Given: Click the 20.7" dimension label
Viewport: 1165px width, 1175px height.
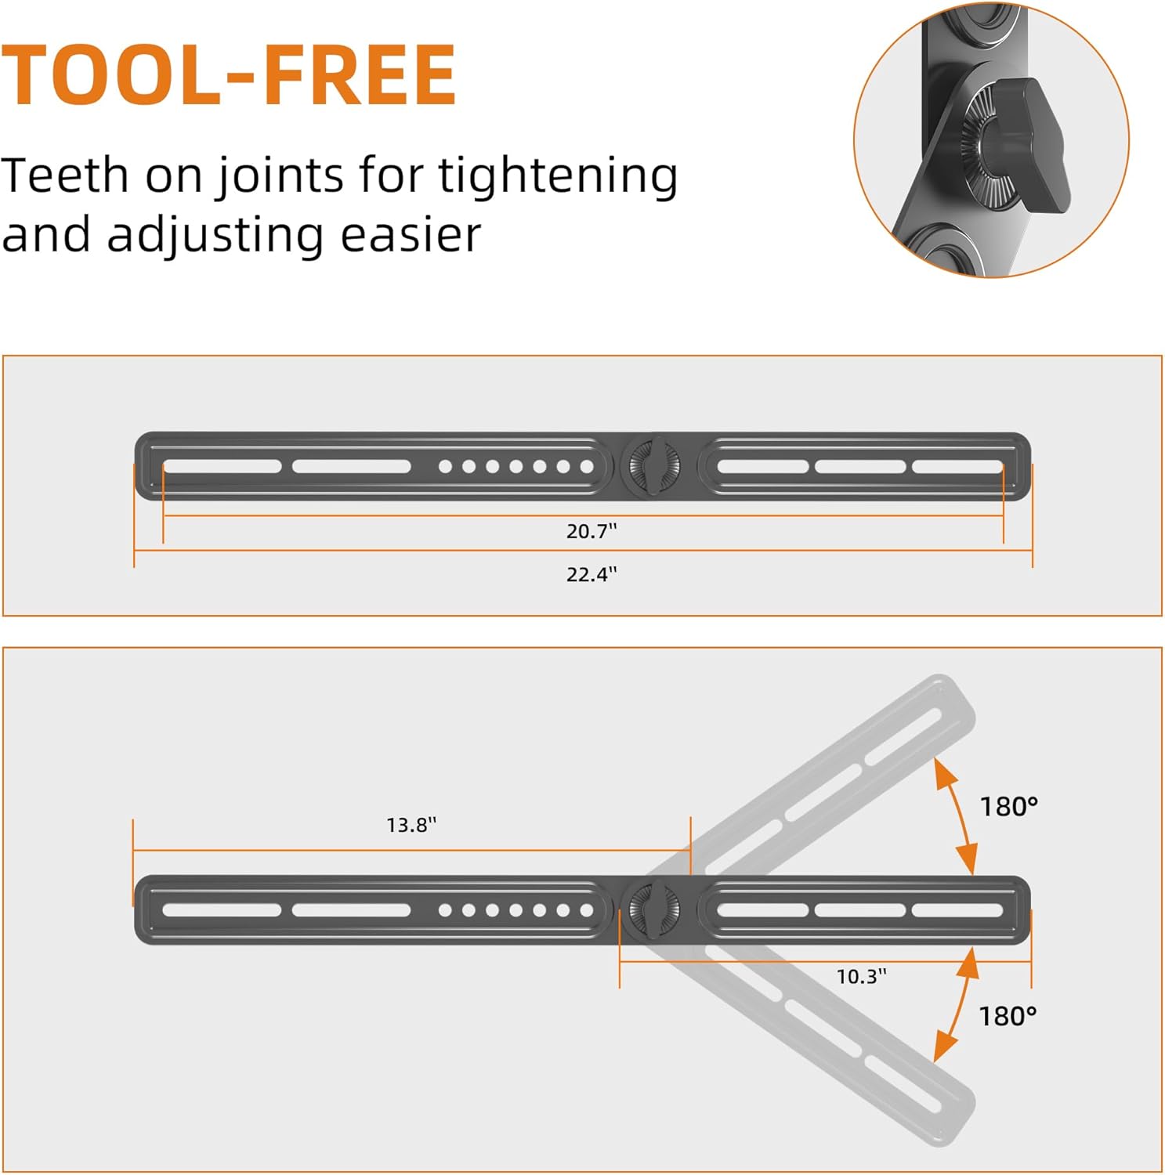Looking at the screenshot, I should (x=592, y=531).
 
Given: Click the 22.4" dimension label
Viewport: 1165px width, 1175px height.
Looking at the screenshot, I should (x=592, y=574).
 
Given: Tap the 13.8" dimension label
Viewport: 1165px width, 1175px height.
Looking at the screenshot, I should (x=411, y=825).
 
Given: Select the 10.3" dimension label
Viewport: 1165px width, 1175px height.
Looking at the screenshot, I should (x=861, y=976).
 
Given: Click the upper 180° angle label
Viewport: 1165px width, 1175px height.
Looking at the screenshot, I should (x=1008, y=806).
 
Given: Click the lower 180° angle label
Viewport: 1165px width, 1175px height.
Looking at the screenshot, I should (x=1008, y=1016).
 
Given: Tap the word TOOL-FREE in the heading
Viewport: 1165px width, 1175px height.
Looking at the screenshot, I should (x=228, y=75).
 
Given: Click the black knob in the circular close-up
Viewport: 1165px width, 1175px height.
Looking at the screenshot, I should (x=1026, y=145).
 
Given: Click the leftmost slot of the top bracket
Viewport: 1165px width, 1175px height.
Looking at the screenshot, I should (x=222, y=467).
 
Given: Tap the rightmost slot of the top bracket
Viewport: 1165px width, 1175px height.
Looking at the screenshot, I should (x=957, y=467).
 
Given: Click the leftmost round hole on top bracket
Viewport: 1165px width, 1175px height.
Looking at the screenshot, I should (x=445, y=467).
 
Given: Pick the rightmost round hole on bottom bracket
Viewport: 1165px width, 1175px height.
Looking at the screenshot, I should (x=586, y=910).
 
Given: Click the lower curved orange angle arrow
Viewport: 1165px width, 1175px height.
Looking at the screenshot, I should (x=957, y=1005).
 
